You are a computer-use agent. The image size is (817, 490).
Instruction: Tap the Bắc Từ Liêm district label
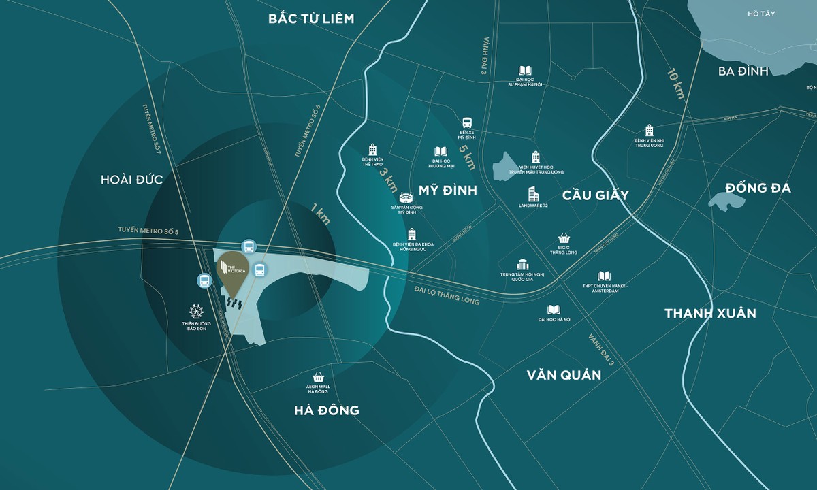click(311, 18)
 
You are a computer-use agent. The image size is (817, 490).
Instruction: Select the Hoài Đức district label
click(132, 179)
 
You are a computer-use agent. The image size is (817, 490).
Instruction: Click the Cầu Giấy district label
click(596, 195)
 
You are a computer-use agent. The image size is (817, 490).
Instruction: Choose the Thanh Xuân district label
click(711, 314)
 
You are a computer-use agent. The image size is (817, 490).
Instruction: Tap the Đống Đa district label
click(758, 188)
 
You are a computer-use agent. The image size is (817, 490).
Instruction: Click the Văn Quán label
click(564, 375)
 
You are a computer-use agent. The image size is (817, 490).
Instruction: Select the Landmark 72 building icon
click(532, 194)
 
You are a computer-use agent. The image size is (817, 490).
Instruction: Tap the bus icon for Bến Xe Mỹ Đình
click(467, 123)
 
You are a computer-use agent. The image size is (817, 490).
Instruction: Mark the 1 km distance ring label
click(319, 214)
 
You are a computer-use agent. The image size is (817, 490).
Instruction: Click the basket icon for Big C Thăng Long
click(564, 238)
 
